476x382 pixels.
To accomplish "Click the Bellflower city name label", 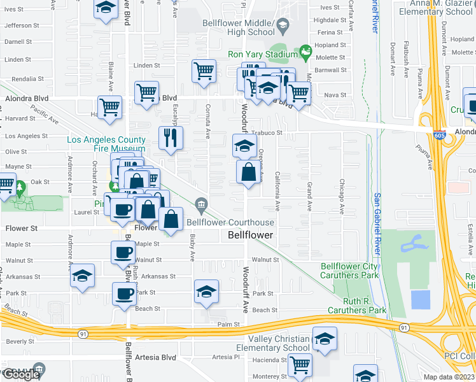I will click(251, 235).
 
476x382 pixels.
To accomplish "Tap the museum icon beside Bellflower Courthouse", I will click(202, 204).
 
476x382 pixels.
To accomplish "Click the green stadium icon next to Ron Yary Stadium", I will click(305, 50).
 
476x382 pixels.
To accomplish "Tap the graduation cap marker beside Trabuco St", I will click(245, 146).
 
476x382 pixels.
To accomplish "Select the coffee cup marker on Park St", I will click(124, 294).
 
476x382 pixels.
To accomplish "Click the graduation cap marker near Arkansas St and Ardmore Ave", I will click(83, 276).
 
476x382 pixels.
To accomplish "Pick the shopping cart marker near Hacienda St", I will click(300, 365).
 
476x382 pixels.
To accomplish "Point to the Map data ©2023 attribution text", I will click(449, 377).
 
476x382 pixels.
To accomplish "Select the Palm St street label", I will click(227, 324).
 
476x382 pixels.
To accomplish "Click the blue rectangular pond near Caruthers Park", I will click(421, 299).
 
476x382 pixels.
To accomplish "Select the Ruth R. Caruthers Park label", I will click(357, 306).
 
